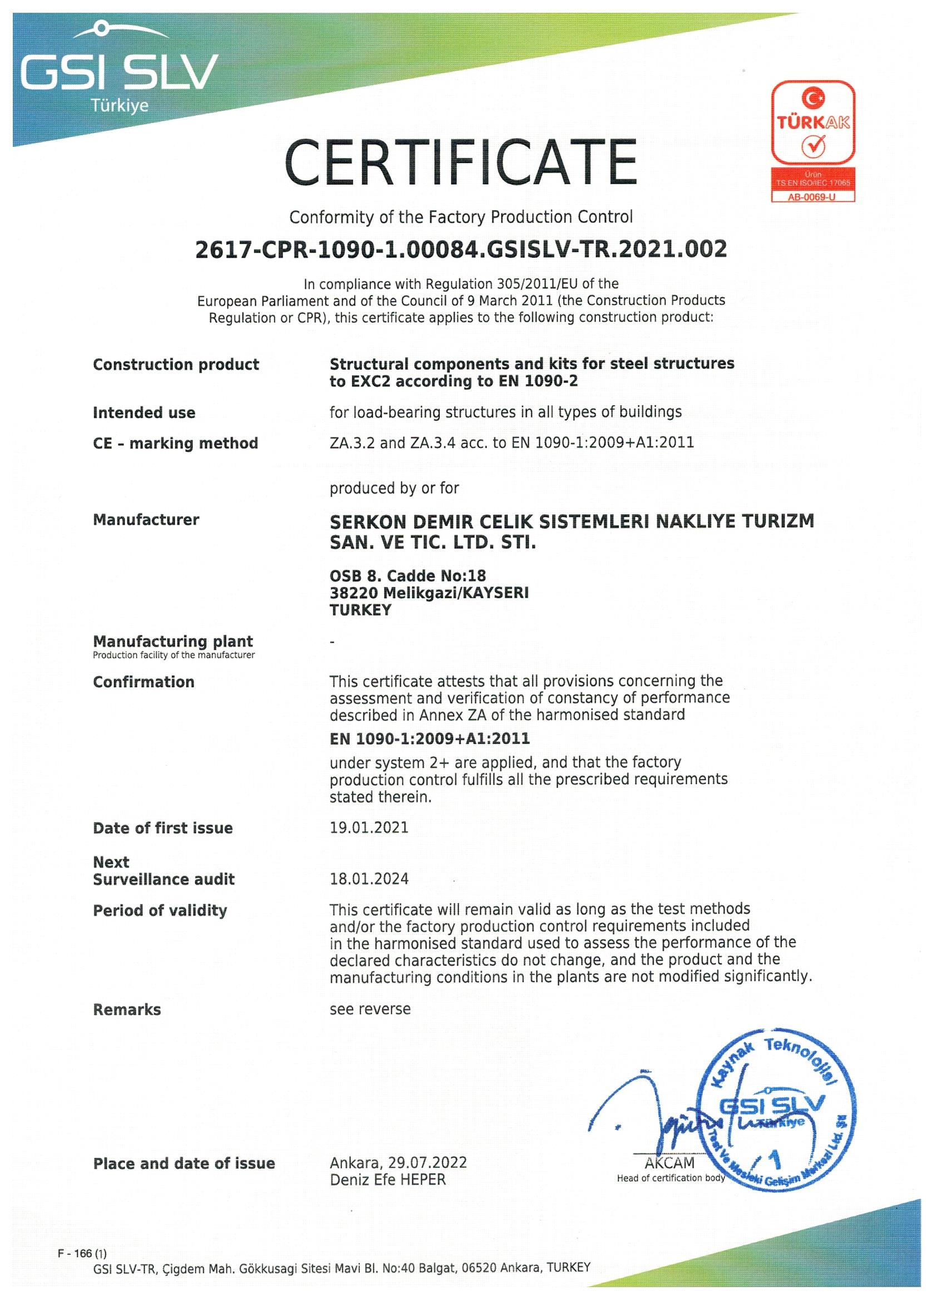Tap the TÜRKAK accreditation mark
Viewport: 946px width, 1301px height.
(813, 123)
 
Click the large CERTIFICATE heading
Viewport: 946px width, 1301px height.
(461, 162)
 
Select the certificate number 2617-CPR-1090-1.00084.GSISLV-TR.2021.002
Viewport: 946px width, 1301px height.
(461, 249)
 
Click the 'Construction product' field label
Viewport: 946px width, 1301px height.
(175, 365)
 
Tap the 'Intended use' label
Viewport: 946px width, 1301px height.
(144, 413)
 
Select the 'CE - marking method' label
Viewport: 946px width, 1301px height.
(175, 443)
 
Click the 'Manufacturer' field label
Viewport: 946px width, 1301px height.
(146, 520)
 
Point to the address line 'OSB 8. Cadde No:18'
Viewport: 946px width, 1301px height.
(407, 575)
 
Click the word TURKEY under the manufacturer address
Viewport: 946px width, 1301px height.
(360, 610)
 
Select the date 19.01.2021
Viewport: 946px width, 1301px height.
(369, 828)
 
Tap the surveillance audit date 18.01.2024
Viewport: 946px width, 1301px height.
(369, 879)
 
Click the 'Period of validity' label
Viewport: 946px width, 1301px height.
(160, 910)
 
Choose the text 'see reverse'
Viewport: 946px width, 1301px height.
(370, 1009)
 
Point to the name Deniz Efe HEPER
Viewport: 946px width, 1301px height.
(387, 1179)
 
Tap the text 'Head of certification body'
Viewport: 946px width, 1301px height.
(671, 1178)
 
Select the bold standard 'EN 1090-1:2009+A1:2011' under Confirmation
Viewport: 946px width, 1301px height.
(429, 739)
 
